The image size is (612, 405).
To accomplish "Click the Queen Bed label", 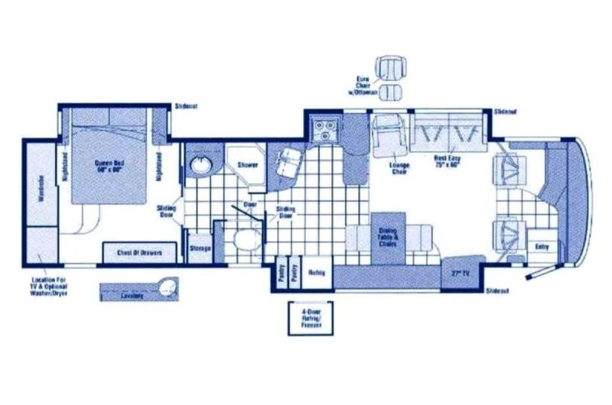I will coord(110,166).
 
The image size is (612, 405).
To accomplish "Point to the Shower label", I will coord(246,165).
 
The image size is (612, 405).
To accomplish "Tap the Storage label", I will coord(200,248).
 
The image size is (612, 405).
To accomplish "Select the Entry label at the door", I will coord(542,246).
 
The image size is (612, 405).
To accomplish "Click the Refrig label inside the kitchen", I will coord(317,273).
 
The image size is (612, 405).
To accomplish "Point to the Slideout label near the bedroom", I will coord(187,106).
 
